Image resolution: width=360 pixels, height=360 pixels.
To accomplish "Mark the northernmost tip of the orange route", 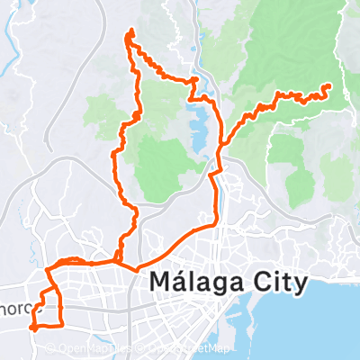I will [131, 31].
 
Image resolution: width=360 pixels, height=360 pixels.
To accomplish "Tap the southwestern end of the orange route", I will [31, 328].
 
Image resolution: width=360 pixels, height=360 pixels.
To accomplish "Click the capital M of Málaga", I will [160, 283].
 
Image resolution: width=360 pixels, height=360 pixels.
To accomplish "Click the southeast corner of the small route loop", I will [62, 322].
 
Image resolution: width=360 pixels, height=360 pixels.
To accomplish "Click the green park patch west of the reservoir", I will [162, 166].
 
